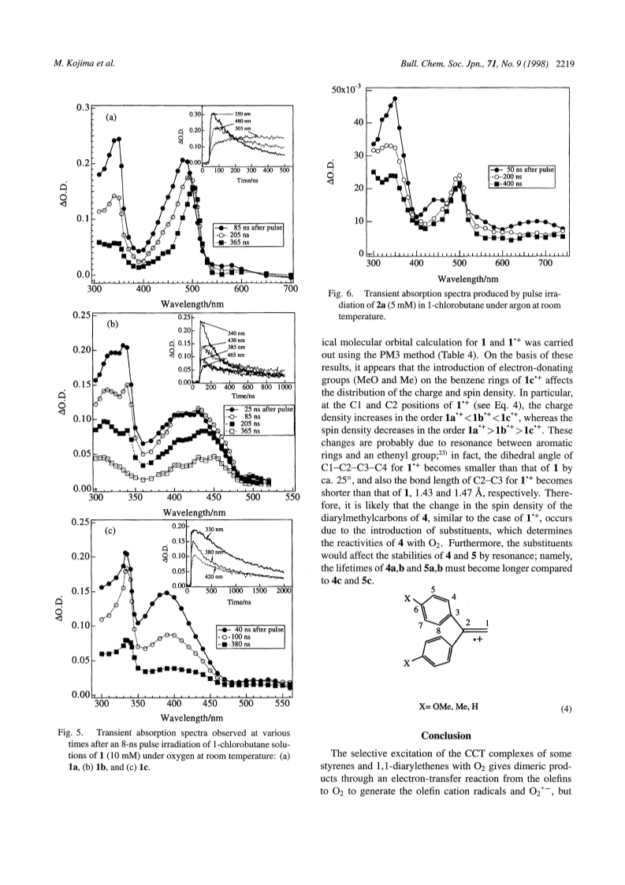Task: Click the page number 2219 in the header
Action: pyautogui.click(x=564, y=64)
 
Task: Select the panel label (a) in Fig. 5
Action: pyautogui.click(x=110, y=117)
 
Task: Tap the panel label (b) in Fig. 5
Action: pyautogui.click(x=113, y=324)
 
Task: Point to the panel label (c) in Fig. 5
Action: pyautogui.click(x=110, y=530)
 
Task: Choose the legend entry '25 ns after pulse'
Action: pyautogui.click(x=268, y=409)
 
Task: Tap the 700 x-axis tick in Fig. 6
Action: pyautogui.click(x=545, y=263)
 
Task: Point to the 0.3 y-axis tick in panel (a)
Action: pyautogui.click(x=84, y=107)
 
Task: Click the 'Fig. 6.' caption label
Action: pyautogui.click(x=340, y=293)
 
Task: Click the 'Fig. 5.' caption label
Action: pyautogui.click(x=71, y=733)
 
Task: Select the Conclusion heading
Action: pyautogui.click(x=446, y=735)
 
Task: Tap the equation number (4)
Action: pyautogui.click(x=566, y=709)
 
